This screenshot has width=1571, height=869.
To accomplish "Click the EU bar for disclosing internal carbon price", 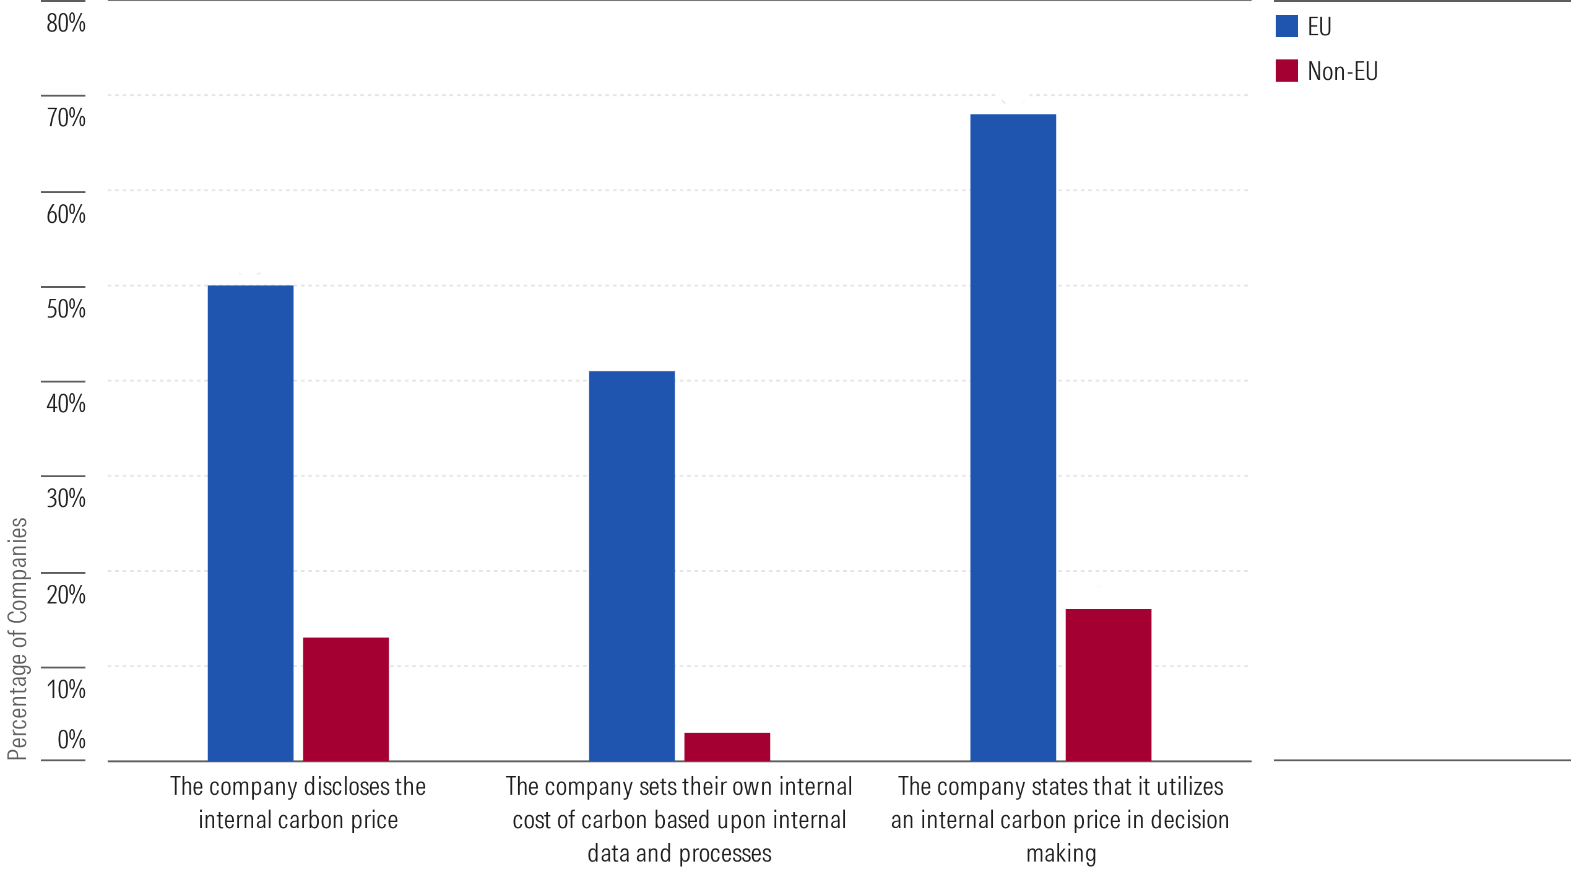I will coord(250,523).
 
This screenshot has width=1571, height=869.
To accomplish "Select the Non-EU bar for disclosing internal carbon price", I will coord(345,699).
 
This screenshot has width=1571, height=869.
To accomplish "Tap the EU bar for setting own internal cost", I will coord(631,566).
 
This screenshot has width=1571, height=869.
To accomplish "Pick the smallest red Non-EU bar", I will coord(727,746).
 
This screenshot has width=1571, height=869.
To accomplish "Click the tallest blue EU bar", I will coord(1013,437).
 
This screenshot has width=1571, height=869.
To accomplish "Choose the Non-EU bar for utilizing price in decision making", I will coord(1108,685).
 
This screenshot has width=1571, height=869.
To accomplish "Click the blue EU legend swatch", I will coord(1286,26).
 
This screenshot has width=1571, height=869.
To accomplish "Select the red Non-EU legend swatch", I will coord(1286,71).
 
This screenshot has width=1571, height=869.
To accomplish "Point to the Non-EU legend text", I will coord(1342,72).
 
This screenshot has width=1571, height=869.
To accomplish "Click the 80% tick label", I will coord(66,24).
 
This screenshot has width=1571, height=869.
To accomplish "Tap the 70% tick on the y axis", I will coord(66,118).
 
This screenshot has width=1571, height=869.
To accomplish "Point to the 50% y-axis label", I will coord(66,308).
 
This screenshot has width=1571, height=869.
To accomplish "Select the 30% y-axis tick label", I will coord(66,498).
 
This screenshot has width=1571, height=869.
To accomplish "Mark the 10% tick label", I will coord(66,689).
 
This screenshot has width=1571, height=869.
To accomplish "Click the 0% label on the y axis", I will coord(71,739).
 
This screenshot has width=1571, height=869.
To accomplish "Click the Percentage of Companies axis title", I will coord(17,638).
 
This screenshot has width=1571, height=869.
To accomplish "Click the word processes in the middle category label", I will coord(725,854).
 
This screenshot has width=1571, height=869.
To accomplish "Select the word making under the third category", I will coord(1061,854).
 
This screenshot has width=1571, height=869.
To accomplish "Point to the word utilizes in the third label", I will coord(1190,786).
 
